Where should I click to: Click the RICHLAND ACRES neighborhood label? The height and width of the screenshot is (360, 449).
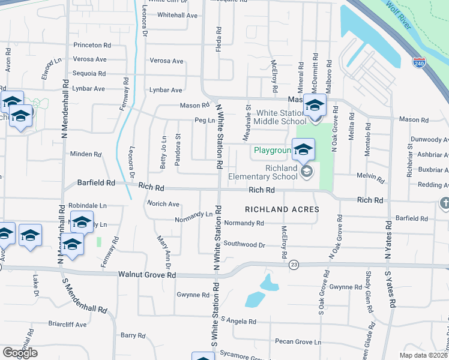pos(282,209)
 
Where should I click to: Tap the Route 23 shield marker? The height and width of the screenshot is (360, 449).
pos(294,264)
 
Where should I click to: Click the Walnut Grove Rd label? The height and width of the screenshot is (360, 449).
pos(147,275)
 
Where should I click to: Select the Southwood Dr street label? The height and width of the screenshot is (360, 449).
pos(244,244)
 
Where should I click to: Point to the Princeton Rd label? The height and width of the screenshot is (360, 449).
pos(92,45)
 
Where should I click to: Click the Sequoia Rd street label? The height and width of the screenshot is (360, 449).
pos(89,74)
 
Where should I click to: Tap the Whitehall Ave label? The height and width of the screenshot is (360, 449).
pos(177,15)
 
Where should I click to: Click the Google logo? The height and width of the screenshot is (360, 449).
pos(20,353)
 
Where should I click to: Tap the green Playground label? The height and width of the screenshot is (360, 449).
pos(272,150)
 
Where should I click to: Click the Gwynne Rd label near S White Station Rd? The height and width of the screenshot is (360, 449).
pos(193,295)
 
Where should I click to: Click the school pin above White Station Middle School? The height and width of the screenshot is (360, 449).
pos(314,104)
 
